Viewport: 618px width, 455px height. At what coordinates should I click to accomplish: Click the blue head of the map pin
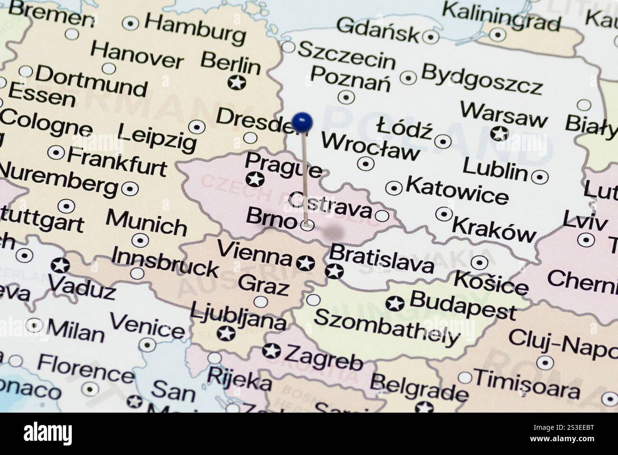click(x=302, y=122)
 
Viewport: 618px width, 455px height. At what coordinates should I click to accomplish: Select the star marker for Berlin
click(x=236, y=82)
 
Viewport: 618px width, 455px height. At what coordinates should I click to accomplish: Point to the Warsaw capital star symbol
click(x=499, y=133)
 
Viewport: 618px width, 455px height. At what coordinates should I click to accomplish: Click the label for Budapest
click(x=462, y=305)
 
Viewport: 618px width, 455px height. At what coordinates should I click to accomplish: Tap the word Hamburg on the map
click(x=195, y=29)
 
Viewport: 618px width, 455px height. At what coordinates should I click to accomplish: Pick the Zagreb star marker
click(x=272, y=351)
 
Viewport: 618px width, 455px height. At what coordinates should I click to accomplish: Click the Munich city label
click(x=146, y=222)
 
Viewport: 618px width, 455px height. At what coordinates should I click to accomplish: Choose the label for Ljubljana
click(x=238, y=317)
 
